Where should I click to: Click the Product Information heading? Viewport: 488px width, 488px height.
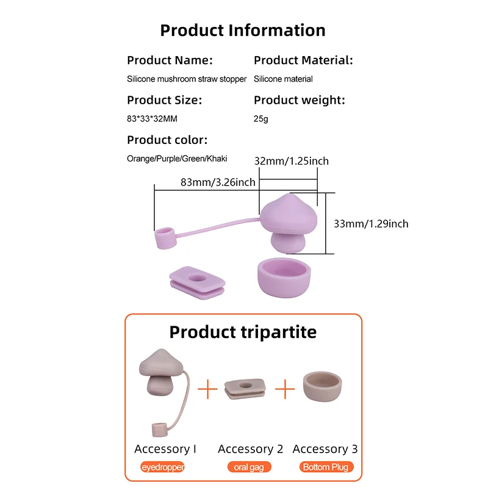coord(243,30)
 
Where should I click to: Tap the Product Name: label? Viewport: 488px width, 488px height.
coord(170,60)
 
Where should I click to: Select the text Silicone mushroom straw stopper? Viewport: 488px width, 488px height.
coord(187,79)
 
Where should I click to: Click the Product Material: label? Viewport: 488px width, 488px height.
coord(303,60)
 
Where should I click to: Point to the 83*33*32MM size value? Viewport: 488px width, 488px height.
coord(152,119)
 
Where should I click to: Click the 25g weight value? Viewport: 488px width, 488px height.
coord(260,119)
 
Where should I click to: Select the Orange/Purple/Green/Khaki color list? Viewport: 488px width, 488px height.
coord(177,159)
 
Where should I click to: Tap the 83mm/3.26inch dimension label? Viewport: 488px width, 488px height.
coord(218,182)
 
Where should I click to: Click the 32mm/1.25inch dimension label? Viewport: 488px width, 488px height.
coord(291,161)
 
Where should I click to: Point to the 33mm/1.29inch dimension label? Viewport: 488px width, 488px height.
coord(371,224)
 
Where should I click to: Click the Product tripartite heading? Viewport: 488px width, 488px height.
coord(243,332)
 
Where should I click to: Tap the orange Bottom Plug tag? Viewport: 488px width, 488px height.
coord(326,467)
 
